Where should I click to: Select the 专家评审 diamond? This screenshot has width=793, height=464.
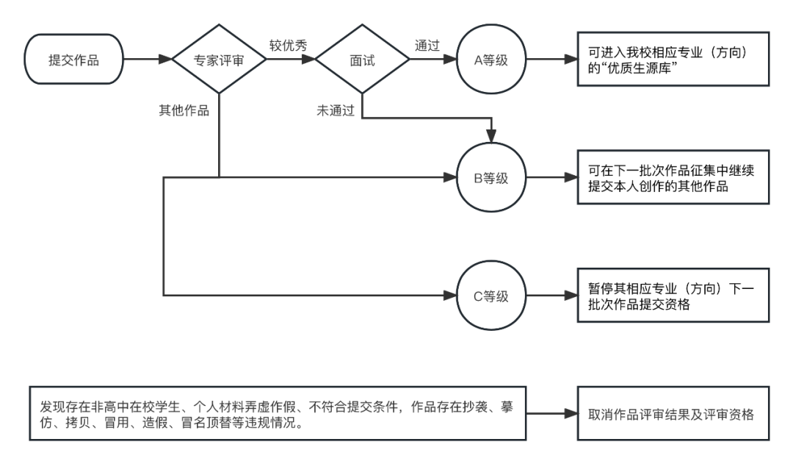point(220,60)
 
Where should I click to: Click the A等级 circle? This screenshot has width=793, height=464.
point(492,60)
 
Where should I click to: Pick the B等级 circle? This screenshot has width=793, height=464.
point(492,177)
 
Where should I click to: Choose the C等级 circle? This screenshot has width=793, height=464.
point(492,296)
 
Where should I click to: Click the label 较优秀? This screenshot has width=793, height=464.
point(289,45)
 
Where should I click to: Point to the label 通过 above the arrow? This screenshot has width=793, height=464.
point(427,45)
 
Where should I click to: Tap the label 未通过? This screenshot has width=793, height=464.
point(336,111)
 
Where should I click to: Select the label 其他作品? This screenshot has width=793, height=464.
point(184,111)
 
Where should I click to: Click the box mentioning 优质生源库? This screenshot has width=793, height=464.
point(673,60)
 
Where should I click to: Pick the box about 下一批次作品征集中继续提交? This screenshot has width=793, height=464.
point(673,177)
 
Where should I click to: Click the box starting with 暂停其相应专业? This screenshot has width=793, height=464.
point(673,296)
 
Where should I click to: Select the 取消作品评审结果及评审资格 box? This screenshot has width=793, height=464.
point(673,413)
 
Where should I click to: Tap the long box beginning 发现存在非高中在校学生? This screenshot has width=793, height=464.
point(277,413)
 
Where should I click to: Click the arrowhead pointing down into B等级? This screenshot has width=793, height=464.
point(492,136)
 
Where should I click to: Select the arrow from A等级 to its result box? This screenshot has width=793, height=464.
point(551,60)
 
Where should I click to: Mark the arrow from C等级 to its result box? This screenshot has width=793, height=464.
point(551,296)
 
